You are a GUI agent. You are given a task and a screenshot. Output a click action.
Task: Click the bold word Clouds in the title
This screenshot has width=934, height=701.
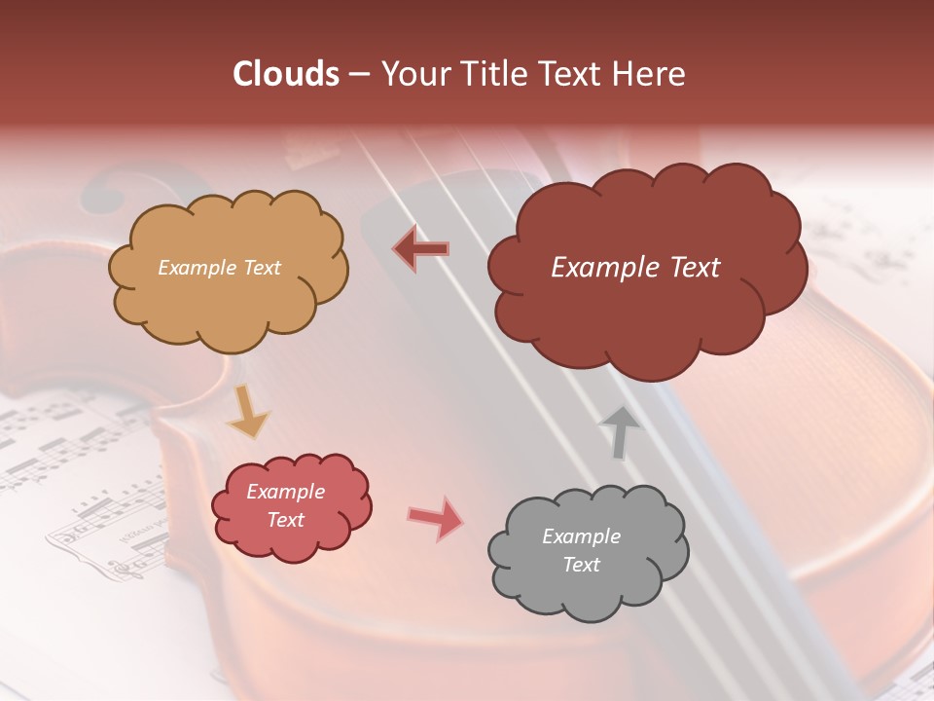coord(286,74)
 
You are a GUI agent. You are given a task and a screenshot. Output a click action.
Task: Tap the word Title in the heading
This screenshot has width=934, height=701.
coord(498,74)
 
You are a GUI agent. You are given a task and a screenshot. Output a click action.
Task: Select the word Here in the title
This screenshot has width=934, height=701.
coord(651,74)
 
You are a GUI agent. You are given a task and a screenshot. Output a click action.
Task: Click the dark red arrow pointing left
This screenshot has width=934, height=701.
coord(421,249)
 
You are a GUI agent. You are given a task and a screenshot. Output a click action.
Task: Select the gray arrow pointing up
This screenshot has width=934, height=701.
coord(620,431)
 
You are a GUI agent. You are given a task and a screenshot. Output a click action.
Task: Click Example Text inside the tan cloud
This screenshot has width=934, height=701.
coord(219,268)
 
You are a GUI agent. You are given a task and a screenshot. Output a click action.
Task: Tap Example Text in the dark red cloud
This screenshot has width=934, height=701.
coord(635,268)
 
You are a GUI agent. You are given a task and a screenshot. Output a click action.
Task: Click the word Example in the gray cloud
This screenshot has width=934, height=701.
coord(581,536)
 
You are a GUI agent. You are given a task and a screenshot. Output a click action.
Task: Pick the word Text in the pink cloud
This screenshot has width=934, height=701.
coord(286,520)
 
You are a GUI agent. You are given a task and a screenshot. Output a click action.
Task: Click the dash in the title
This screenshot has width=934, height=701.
coord(358,74)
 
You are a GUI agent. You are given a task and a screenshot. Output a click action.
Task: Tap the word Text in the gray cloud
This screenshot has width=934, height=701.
coord(581,565)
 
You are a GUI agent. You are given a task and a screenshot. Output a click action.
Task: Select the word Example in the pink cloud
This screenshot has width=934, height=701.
coord(286,492)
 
